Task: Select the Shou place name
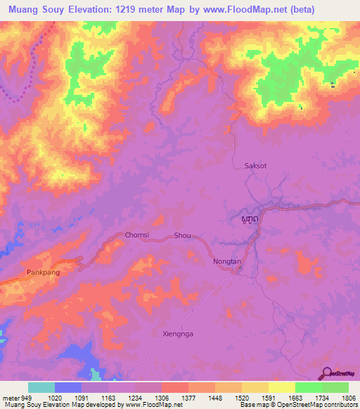[182, 236]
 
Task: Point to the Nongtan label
[227, 261]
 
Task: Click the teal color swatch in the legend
[41, 387]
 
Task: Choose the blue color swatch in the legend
[68, 387]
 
